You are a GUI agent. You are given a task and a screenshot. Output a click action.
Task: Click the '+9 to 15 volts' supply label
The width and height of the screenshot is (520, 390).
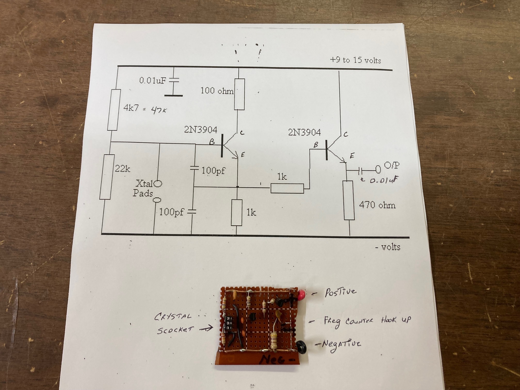point(355,60)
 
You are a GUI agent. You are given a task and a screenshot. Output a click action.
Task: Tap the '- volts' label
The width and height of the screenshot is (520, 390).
point(387,247)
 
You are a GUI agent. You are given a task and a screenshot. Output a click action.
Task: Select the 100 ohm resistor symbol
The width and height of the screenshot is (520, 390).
point(239,94)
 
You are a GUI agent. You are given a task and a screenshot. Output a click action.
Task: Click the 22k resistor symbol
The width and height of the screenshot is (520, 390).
point(107,177)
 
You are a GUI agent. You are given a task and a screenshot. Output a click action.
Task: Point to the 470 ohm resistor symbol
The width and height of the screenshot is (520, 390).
point(348,200)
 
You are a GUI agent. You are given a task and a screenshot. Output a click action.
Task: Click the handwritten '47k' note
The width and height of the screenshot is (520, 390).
point(159,110)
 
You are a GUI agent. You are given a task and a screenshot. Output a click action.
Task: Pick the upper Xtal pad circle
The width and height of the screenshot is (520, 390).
point(158,184)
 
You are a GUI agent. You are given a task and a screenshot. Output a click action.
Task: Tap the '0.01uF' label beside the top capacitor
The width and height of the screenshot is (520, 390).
point(152,80)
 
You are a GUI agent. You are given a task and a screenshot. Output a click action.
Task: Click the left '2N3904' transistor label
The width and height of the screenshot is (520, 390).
point(201,129)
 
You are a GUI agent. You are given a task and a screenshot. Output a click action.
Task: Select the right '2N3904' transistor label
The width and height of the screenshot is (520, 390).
point(304,133)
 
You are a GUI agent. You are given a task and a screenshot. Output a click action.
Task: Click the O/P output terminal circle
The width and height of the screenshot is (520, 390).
point(378,169)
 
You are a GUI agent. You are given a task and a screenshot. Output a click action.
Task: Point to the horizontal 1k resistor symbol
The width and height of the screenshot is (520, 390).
point(287,188)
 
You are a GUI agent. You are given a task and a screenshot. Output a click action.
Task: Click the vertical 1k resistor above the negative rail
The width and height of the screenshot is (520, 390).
point(237,213)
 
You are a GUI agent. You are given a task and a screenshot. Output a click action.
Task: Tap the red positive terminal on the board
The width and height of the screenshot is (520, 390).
point(301,295)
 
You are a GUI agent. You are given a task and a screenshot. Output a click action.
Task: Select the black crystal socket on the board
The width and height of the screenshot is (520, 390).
point(229,323)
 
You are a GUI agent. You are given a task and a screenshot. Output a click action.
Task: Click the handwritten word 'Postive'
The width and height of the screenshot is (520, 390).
point(340,292)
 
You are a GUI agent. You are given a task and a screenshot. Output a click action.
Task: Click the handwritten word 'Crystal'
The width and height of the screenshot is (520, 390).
point(173,316)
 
